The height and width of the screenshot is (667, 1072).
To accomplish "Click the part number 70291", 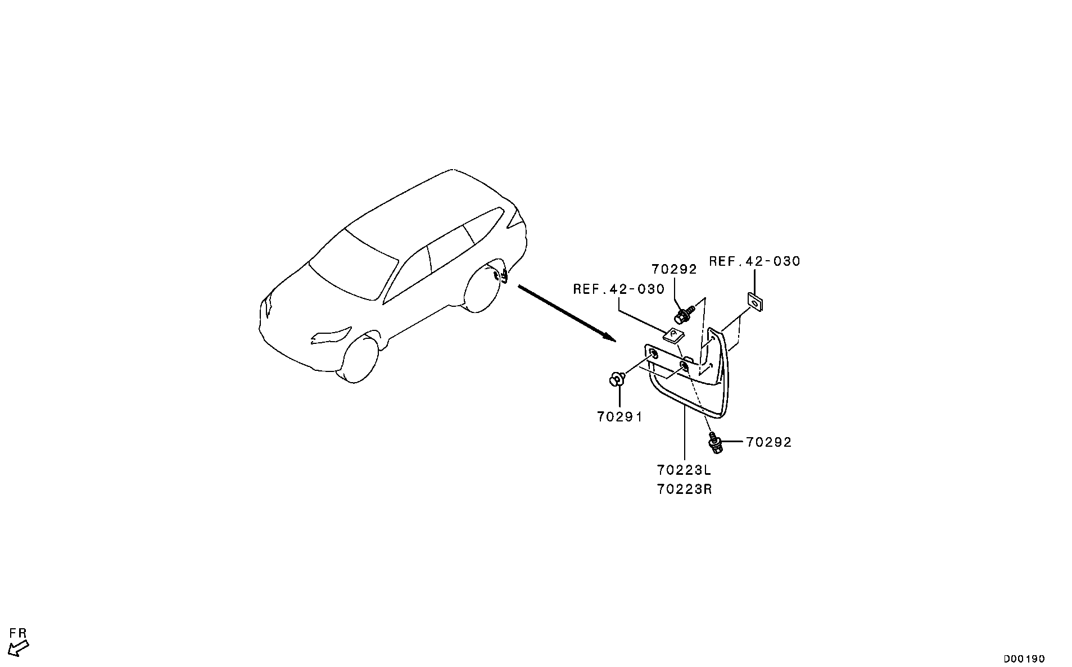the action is point(619,416).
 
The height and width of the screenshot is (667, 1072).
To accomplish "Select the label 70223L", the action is point(684,469).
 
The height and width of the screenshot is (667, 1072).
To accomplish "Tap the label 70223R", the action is point(684,489).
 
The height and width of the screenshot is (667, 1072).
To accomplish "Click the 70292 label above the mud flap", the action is point(674,269).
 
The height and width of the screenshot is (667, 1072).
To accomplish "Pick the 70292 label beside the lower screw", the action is point(769,442).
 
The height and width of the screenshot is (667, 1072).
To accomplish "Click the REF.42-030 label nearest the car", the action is point(619,289).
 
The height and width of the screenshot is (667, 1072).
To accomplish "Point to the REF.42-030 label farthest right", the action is point(754,261).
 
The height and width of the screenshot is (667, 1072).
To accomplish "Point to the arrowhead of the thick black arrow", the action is point(609,337).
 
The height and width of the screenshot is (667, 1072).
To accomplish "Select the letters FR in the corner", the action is point(19,633).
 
